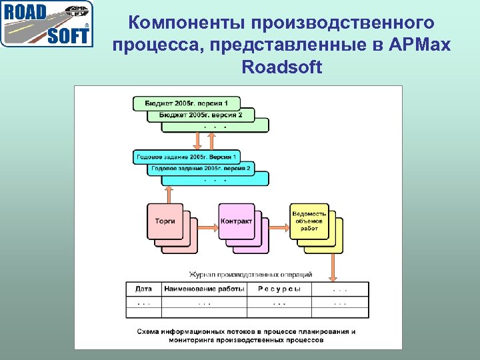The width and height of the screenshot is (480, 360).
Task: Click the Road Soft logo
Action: tap(47, 24)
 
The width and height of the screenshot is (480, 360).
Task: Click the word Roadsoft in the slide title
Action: tap(281, 67)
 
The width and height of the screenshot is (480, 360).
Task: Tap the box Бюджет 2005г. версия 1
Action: tap(186, 103)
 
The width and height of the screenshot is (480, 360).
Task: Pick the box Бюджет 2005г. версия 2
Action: tap(200, 115)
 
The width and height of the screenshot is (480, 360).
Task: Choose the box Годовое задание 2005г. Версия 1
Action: tap(186, 157)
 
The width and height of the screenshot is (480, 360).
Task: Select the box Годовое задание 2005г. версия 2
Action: tap(201, 168)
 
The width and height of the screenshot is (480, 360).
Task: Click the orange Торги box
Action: tap(165, 221)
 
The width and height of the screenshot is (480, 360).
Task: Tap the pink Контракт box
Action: tap(236, 221)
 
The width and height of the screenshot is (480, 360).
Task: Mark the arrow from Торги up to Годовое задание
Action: tap(169, 194)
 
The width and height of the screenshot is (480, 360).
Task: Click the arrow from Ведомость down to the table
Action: tap(332, 267)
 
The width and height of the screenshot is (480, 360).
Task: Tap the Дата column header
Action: tap(143, 289)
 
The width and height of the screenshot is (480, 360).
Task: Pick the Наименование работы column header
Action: tap(203, 289)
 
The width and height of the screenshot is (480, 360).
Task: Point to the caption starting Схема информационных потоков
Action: tap(246, 335)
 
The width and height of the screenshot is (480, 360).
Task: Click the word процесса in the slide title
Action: tap(153, 45)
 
